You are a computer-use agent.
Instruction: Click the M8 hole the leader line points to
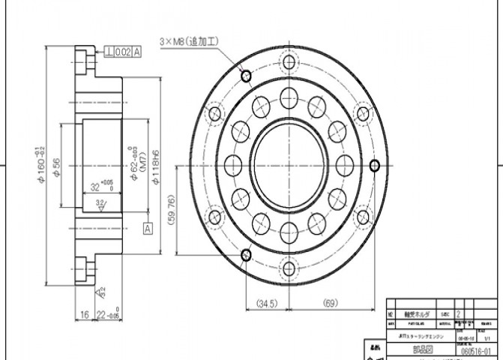pyautogui.click(x=245, y=75)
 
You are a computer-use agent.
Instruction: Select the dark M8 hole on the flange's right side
pyautogui.click(x=376, y=165)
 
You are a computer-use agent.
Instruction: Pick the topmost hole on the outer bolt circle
pyautogui.click(x=289, y=60)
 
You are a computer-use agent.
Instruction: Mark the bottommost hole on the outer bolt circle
pyautogui.click(x=289, y=268)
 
